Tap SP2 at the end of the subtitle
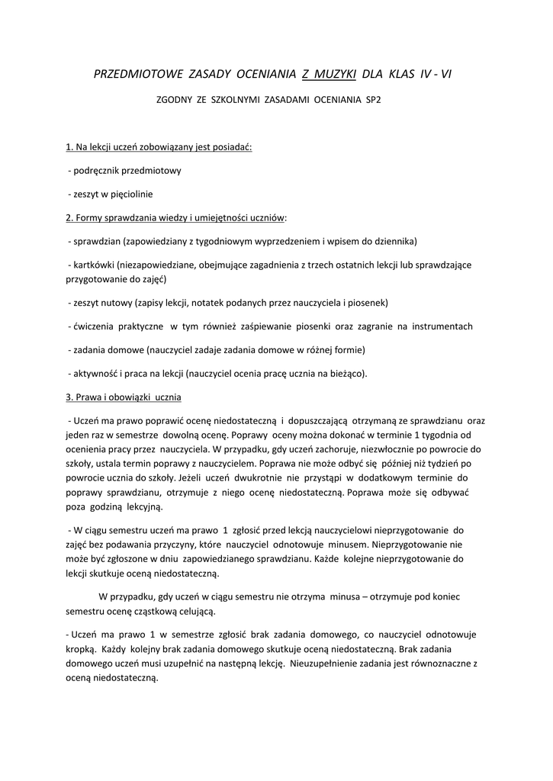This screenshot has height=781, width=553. pos(373,100)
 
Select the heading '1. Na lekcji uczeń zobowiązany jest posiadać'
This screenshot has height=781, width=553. pos(159,146)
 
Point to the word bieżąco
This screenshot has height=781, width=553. pos(348,373)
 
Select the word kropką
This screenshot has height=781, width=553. pos(81,648)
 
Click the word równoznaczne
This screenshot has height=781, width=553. pos(442,663)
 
